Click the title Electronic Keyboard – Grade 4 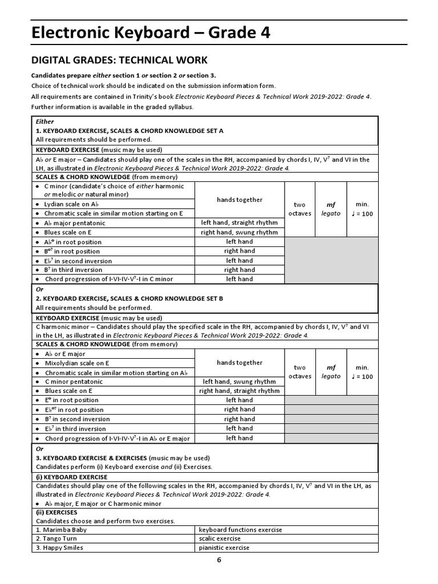(150, 34)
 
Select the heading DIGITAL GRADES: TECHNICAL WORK (119, 60)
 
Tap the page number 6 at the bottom (218, 559)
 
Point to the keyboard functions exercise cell (240, 529)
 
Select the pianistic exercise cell (224, 547)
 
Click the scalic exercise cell (220, 538)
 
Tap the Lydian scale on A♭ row (76, 204)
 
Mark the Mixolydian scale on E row (77, 363)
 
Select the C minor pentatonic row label (74, 382)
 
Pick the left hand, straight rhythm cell (240, 222)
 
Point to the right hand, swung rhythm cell (240, 232)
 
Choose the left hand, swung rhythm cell (240, 382)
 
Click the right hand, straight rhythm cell (240, 391)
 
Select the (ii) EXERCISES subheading (56, 512)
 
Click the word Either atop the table (45, 121)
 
